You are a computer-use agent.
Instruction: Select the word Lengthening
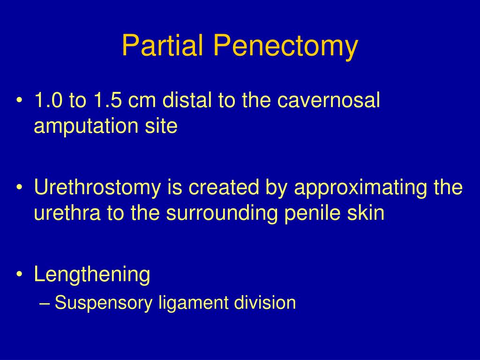[92, 275]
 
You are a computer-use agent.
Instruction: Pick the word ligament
[192, 303]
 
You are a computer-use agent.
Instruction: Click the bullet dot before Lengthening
[19, 275]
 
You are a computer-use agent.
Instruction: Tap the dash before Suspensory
[45, 303]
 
